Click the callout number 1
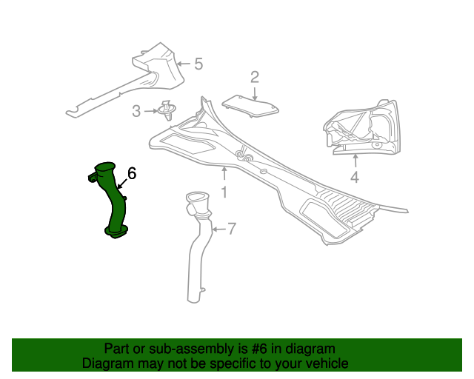click(x=224, y=192)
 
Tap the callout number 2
click(x=255, y=77)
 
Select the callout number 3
click(x=136, y=111)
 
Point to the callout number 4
click(x=355, y=177)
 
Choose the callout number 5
click(x=198, y=64)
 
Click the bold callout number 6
click(x=132, y=173)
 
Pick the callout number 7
click(x=232, y=229)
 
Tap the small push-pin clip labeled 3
click(x=167, y=110)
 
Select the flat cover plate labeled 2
click(x=250, y=105)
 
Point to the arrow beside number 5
click(x=183, y=64)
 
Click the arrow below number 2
click(x=255, y=94)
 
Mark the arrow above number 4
click(x=355, y=161)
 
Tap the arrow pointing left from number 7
click(x=219, y=229)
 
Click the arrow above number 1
click(x=224, y=174)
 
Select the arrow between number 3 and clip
click(x=151, y=111)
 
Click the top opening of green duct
click(x=104, y=167)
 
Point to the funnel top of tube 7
click(x=198, y=201)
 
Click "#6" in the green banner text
click(x=259, y=349)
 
